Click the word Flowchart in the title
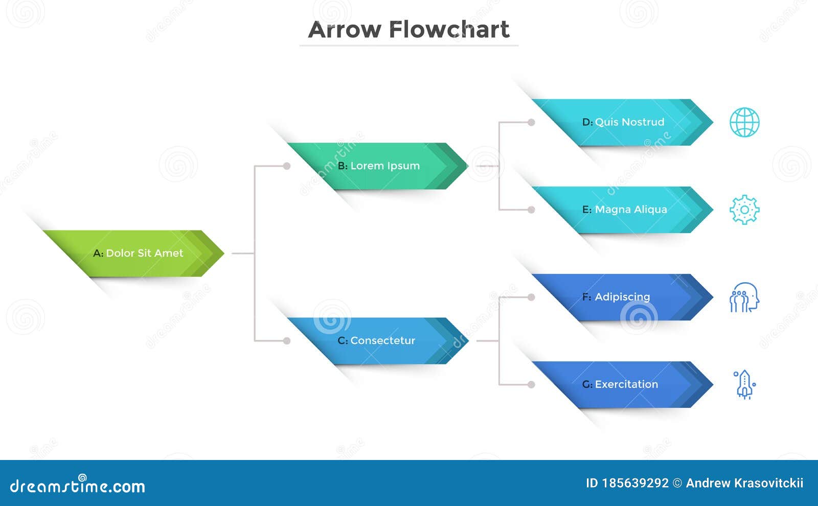[x=449, y=29]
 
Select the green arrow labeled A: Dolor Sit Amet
[x=133, y=254]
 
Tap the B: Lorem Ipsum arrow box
[x=378, y=166]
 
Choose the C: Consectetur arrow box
[x=378, y=341]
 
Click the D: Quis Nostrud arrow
[x=623, y=122]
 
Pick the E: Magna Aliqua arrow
[x=623, y=210]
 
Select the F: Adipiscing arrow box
[x=623, y=297]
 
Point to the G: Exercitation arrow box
[x=623, y=384]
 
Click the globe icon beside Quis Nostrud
[x=744, y=122]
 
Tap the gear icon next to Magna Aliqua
[x=744, y=210]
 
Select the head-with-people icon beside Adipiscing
[x=744, y=297]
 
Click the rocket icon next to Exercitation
[x=744, y=384]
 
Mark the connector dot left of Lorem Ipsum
[x=287, y=166]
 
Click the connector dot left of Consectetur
[x=287, y=341]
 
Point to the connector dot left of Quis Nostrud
[x=531, y=122]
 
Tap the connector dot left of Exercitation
[x=531, y=384]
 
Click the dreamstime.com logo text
[x=77, y=486]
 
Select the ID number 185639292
[x=635, y=484]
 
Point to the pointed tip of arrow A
[x=224, y=254]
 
